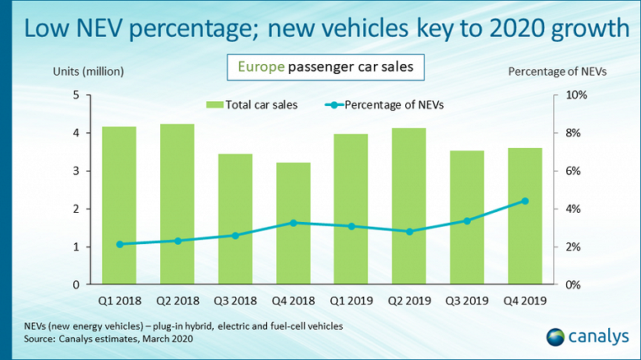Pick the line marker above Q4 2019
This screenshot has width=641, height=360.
tap(525, 201)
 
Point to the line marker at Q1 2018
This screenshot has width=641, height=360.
tap(120, 244)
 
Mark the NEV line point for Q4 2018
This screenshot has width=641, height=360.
tap(293, 223)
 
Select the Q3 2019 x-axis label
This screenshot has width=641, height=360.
tap(467, 302)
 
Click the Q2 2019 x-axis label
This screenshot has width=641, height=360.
tap(409, 302)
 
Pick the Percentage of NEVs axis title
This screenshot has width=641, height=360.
tap(556, 72)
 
